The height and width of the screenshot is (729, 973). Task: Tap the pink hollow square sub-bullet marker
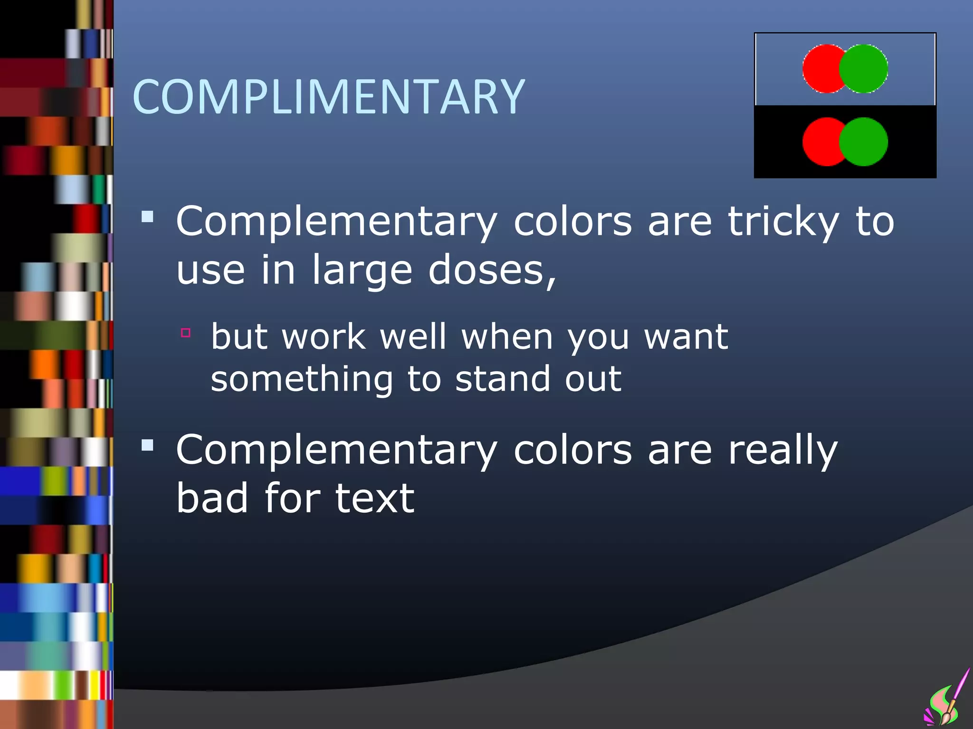click(x=186, y=333)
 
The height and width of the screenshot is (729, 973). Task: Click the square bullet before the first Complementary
click(x=148, y=217)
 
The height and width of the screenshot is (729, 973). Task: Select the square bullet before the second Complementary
click(x=148, y=445)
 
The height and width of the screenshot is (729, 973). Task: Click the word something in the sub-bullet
click(x=302, y=380)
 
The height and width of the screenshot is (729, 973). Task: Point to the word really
click(x=783, y=450)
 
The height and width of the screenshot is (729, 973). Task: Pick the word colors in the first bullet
click(x=572, y=222)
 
